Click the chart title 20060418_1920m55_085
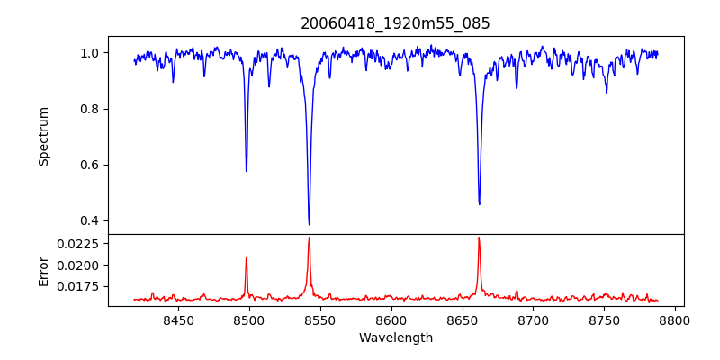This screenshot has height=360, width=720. tap(396, 23)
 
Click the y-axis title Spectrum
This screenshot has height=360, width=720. tap(43, 136)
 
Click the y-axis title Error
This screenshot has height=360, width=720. tap(43, 271)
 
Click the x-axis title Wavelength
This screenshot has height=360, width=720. tap(396, 338)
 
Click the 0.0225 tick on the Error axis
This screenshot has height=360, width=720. tap(79, 244)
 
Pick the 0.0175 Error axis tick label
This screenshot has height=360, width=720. tap(79, 286)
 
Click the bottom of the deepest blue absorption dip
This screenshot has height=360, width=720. tap(309, 224)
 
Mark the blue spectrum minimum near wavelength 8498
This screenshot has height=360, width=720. tap(247, 171)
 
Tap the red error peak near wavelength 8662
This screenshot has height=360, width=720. tap(479, 238)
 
